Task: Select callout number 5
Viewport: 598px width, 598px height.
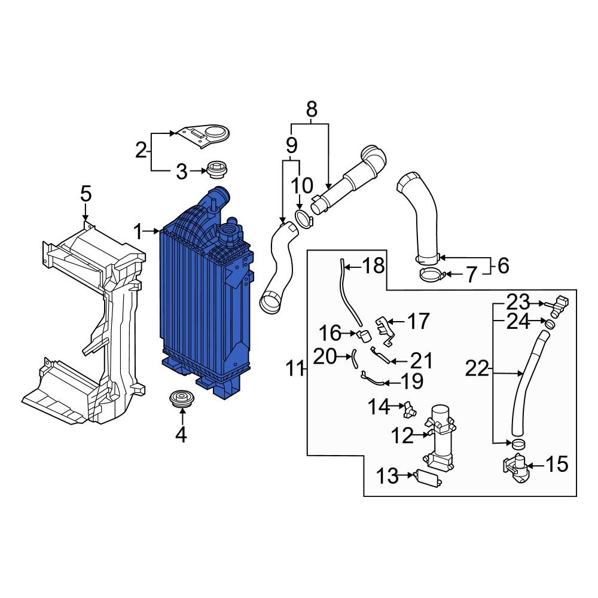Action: (86, 194)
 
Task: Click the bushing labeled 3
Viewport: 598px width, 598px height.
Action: (216, 170)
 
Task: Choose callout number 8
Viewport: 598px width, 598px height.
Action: (311, 109)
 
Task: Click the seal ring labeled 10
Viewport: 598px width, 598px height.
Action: (303, 219)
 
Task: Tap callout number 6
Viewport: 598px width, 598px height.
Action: (503, 266)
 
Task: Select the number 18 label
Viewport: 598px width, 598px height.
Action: (374, 266)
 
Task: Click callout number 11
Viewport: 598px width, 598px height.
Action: (294, 369)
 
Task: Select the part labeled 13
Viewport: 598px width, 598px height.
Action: (428, 478)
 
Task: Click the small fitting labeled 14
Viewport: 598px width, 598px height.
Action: (409, 409)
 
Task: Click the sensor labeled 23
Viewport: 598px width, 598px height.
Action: (558, 304)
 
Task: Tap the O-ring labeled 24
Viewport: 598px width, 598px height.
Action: (549, 324)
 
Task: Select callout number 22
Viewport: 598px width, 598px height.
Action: (477, 369)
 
